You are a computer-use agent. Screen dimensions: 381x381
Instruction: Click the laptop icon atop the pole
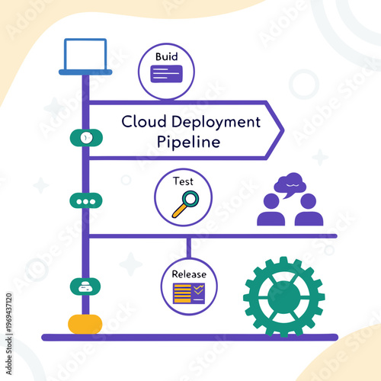click(85, 55)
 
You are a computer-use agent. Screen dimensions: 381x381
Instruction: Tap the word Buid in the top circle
click(166, 57)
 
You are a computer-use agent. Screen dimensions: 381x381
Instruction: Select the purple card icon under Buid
click(166, 74)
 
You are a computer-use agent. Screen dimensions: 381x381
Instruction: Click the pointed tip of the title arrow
click(283, 130)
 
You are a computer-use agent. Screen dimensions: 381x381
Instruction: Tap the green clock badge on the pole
click(86, 137)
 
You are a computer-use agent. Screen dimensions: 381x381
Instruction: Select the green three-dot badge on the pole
click(86, 201)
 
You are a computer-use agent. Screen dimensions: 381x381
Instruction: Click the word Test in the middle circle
click(183, 182)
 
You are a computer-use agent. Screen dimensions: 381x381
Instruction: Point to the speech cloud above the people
click(290, 184)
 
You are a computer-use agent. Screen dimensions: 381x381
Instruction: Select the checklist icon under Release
click(188, 293)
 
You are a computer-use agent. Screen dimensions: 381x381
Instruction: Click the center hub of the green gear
click(283, 296)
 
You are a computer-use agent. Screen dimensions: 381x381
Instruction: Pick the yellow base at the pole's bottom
click(85, 323)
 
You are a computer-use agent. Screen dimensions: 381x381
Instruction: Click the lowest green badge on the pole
click(86, 287)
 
